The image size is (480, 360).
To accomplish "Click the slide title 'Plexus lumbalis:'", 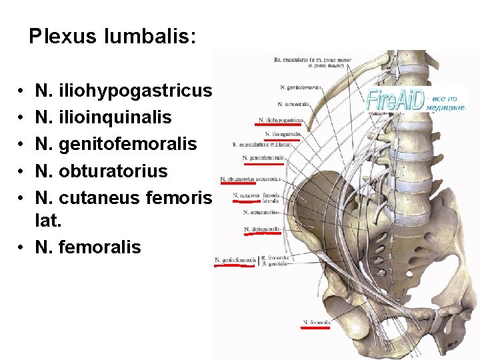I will (x=113, y=36).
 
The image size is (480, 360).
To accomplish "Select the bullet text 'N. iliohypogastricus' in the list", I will (x=124, y=91).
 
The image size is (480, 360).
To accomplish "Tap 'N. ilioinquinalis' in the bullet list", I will (x=103, y=117).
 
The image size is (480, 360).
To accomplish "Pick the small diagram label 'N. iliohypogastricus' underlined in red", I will (x=281, y=121).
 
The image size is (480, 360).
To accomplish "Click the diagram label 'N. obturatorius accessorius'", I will (x=251, y=179).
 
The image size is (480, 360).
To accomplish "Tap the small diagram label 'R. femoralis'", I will (x=275, y=257).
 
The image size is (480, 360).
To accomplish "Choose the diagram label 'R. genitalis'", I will (x=275, y=264).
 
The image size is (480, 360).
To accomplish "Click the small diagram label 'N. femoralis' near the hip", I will (x=317, y=322).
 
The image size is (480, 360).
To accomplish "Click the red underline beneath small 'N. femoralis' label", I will (x=317, y=328).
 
